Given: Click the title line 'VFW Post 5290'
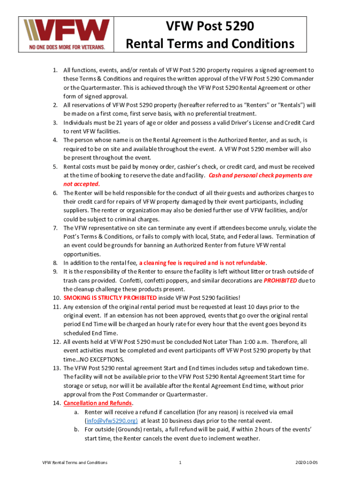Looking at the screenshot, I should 210,27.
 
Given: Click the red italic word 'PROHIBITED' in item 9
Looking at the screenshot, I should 280,281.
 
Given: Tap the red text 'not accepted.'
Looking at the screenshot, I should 82,184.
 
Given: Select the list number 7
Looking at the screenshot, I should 55,228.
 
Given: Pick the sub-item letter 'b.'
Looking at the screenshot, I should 76,429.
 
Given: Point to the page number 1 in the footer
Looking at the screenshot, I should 180,463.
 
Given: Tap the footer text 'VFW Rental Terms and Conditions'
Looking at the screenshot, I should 75,463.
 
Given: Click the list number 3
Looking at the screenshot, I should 55,123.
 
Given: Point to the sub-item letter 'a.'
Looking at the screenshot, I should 76,412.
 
